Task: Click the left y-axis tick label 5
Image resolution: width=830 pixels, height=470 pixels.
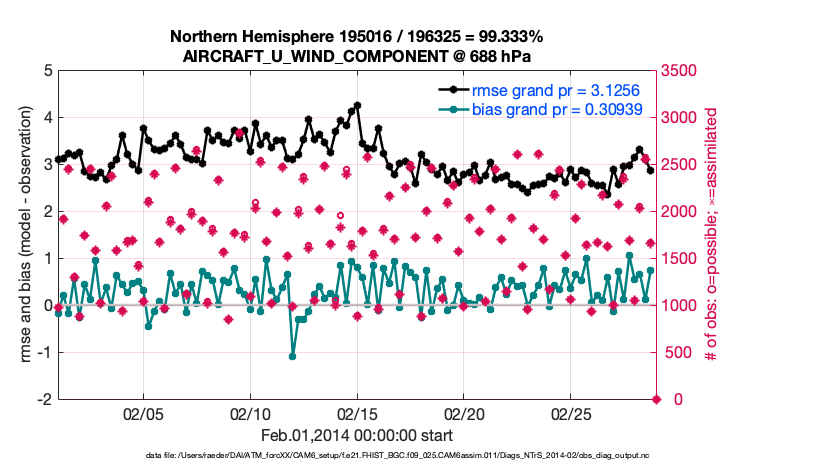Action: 46,71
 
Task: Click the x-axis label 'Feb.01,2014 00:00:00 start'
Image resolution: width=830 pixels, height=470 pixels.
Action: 357,435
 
